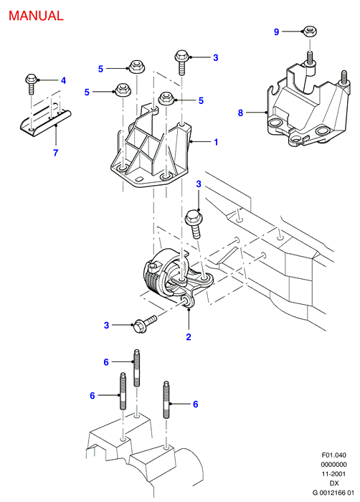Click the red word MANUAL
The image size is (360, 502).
[36, 16]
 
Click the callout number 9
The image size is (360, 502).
[276, 32]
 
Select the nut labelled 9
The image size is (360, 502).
[309, 32]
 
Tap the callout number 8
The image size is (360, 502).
[240, 113]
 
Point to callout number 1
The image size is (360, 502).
[216, 142]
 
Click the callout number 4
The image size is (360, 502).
[63, 80]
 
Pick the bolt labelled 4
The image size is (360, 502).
[32, 84]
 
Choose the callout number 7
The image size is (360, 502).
[56, 152]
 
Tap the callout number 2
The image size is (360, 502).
[189, 336]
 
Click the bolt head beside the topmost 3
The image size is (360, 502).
[181, 57]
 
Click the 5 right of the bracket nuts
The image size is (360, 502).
[201, 100]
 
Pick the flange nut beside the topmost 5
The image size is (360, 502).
[136, 67]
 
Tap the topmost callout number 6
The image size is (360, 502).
[106, 362]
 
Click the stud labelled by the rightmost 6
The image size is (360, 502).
[166, 400]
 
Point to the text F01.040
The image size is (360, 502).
[334, 455]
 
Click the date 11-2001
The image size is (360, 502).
[334, 474]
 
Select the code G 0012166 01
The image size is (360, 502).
[333, 493]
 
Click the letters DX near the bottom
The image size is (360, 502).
[334, 483]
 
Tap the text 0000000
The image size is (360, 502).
[334, 465]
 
